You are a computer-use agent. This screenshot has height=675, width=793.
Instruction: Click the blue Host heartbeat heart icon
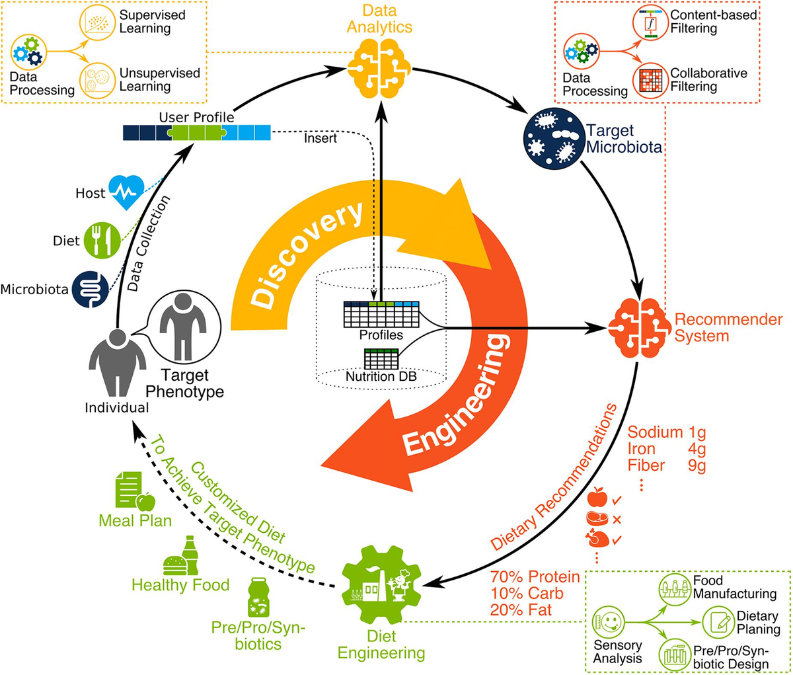(126, 192)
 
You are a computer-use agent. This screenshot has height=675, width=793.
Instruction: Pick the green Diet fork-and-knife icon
(102, 241)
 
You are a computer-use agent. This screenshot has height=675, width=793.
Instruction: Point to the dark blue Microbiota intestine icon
(90, 290)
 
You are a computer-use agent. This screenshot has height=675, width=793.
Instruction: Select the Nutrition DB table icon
(382, 360)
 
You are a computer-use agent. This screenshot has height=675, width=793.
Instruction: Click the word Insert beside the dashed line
(321, 139)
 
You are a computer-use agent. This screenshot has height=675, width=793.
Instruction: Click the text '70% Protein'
(535, 577)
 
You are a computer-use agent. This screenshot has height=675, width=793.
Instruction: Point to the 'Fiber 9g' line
(666, 465)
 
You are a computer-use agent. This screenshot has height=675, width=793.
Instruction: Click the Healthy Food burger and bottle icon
(180, 557)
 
